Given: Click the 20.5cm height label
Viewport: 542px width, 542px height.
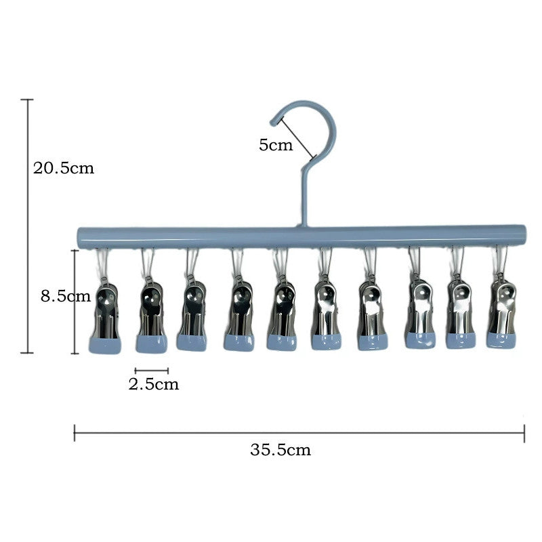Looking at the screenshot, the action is pyautogui.click(x=64, y=168).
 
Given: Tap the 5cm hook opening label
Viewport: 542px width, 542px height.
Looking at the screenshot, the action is pyautogui.click(x=276, y=145).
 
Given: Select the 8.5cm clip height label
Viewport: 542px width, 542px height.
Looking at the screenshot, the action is pyautogui.click(x=66, y=296).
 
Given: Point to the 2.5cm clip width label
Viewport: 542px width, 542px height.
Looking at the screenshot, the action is pyautogui.click(x=154, y=384).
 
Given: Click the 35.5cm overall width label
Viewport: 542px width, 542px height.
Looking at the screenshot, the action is pyautogui.click(x=280, y=450).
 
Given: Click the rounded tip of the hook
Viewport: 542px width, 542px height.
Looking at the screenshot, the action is pyautogui.click(x=274, y=122).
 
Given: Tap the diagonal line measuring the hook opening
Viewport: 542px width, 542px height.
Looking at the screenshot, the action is pyautogui.click(x=298, y=138).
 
